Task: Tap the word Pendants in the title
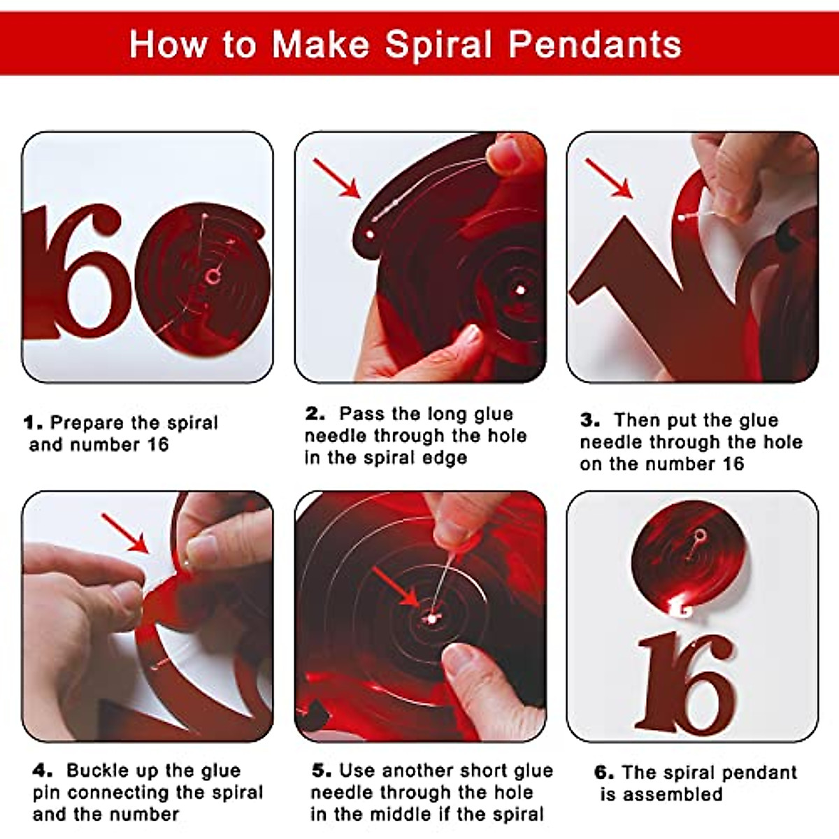pyautogui.click(x=595, y=45)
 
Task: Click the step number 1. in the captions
pyautogui.click(x=34, y=423)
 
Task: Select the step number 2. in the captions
pyautogui.click(x=315, y=414)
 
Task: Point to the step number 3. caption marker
pyautogui.click(x=590, y=420)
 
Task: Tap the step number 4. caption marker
pyautogui.click(x=43, y=770)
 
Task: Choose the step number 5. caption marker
pyautogui.click(x=322, y=770)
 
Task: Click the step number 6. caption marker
pyautogui.click(x=604, y=773)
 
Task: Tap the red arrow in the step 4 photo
pyautogui.click(x=124, y=533)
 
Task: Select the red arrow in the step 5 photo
pyautogui.click(x=395, y=586)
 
